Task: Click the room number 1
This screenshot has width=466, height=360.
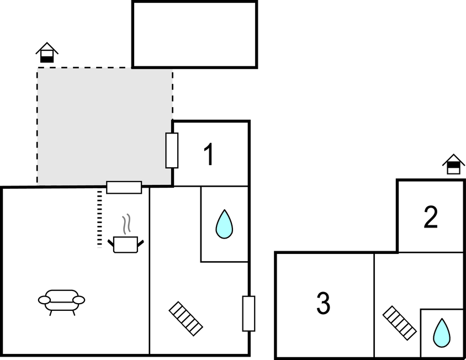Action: [x=208, y=155]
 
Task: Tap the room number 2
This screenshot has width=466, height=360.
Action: [x=431, y=218]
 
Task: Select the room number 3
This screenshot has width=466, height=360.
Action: [x=323, y=303]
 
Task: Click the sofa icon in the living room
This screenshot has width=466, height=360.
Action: [x=61, y=301]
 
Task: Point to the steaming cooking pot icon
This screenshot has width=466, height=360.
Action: [x=125, y=243]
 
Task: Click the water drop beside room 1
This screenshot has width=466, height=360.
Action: [x=224, y=224]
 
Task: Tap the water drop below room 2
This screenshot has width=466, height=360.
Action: [x=441, y=332]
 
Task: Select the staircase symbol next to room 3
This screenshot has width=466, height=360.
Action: [x=399, y=322]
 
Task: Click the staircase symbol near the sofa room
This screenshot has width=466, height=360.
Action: [x=186, y=318]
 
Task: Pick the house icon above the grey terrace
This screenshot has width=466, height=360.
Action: [x=47, y=53]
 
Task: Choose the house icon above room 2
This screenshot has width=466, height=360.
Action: [x=453, y=165]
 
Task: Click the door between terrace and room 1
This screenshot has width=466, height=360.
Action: [x=172, y=150]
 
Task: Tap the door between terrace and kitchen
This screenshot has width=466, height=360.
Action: [x=124, y=188]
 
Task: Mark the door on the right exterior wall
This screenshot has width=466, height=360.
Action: [x=248, y=314]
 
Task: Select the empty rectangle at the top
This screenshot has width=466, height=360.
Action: [x=194, y=34]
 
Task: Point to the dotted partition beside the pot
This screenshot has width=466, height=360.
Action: [x=100, y=219]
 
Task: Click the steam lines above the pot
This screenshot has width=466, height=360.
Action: [x=126, y=224]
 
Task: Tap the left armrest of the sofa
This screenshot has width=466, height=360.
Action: [x=44, y=300]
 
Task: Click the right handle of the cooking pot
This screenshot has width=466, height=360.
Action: [x=141, y=242]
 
